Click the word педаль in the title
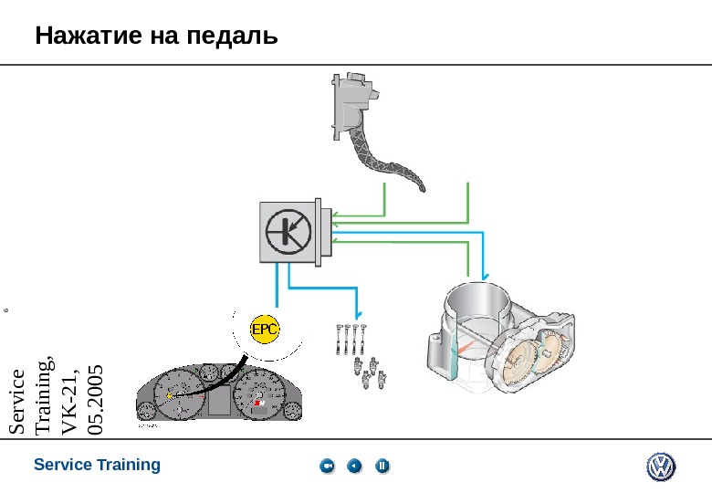230,37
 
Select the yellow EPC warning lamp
265,329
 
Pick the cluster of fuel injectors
368,374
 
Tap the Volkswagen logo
660,467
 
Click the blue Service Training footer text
97,466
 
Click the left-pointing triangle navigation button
355,467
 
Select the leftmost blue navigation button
328,467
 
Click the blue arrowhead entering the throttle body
485,276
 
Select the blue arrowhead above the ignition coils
357,309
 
